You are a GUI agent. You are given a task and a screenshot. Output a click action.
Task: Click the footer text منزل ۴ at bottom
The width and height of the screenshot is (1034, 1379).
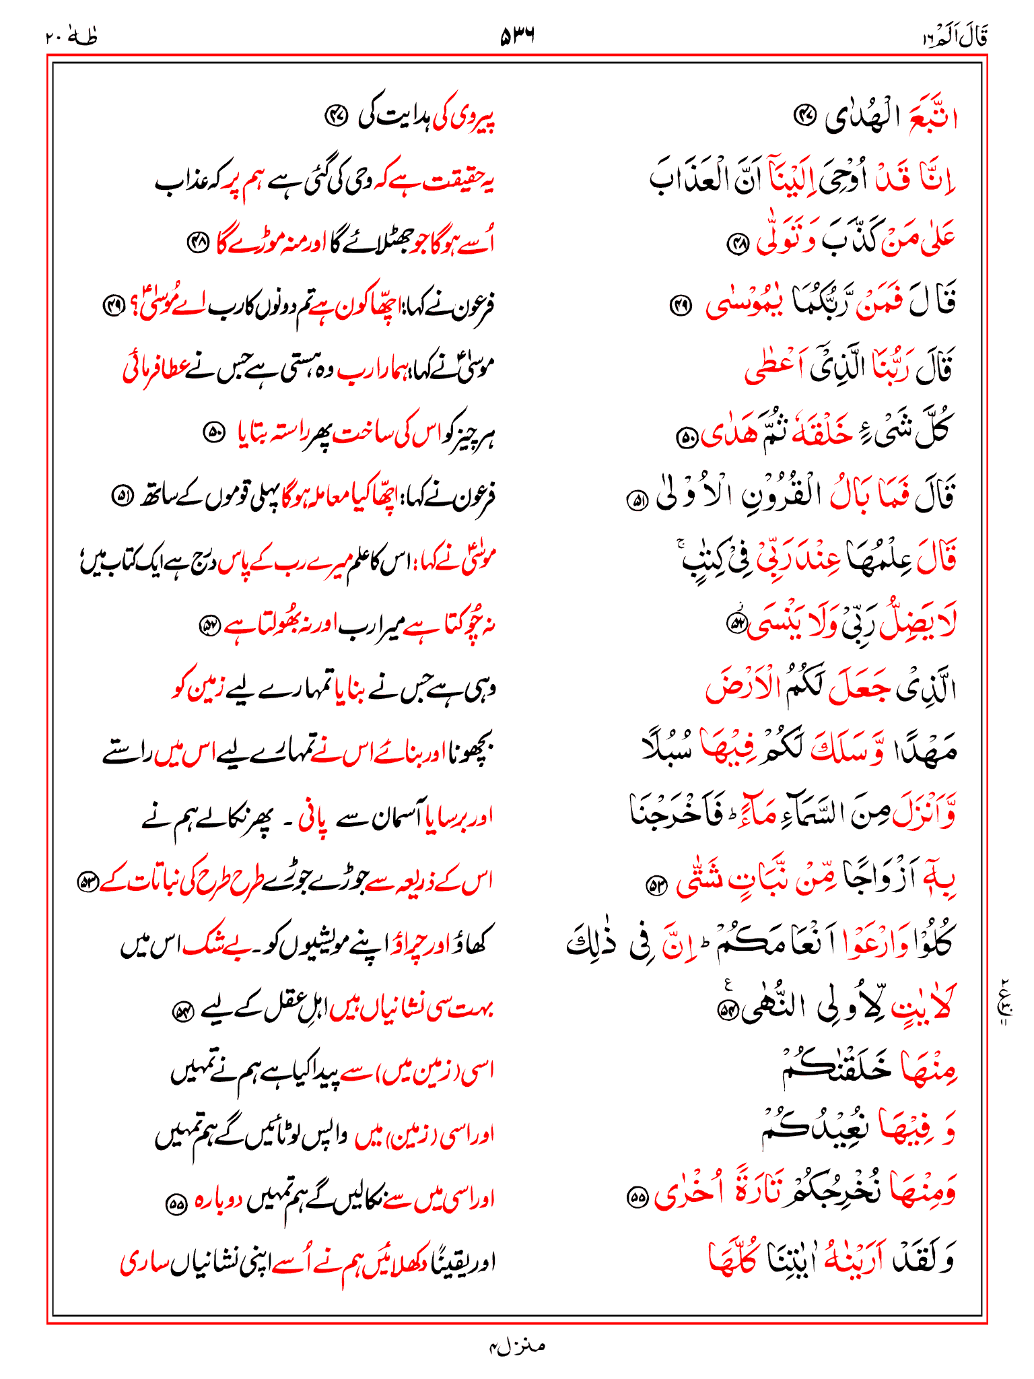pos(517,1346)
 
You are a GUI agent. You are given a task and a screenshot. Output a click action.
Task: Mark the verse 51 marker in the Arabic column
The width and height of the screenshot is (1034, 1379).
pos(636,500)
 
